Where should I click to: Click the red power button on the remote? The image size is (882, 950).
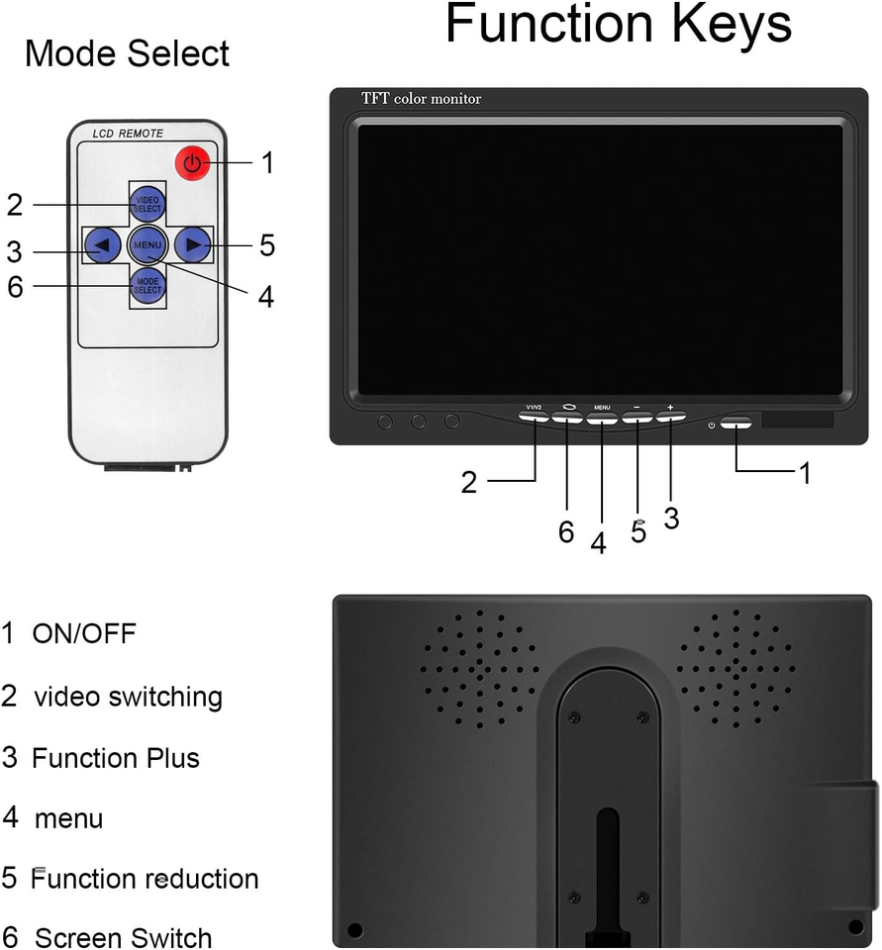[193, 162]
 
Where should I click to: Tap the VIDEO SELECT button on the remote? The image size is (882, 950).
[148, 204]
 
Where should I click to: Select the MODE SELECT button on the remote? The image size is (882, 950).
[148, 286]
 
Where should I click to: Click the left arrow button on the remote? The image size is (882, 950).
[103, 244]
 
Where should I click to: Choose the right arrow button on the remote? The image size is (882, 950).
[192, 244]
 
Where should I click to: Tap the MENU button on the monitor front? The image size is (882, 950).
[602, 419]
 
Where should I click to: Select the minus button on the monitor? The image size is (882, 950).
[637, 418]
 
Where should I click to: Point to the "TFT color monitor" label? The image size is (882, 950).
[421, 99]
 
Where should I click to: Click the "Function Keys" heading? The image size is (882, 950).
[619, 26]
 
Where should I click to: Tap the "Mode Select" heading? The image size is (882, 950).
[127, 53]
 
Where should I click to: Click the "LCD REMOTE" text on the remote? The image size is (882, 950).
[128, 133]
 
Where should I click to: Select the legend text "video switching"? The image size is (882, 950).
[128, 697]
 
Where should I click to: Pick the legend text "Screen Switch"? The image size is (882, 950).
[123, 937]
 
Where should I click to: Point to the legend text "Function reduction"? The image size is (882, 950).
[145, 879]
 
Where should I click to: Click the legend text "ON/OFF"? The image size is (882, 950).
[84, 633]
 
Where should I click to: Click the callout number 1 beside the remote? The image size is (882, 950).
[267, 163]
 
